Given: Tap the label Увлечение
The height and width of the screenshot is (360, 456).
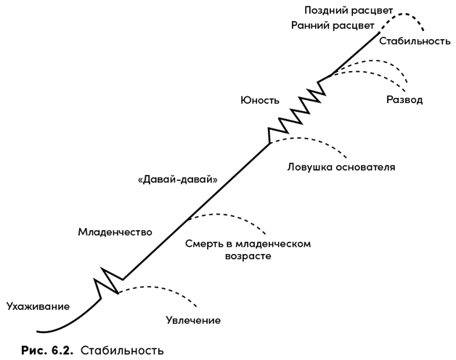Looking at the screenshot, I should (x=193, y=319).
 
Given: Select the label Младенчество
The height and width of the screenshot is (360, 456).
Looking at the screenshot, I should (x=114, y=232).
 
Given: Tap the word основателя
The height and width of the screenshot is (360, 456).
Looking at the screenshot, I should (x=366, y=167).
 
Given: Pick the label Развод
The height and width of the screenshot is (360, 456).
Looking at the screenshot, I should (x=404, y=99).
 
